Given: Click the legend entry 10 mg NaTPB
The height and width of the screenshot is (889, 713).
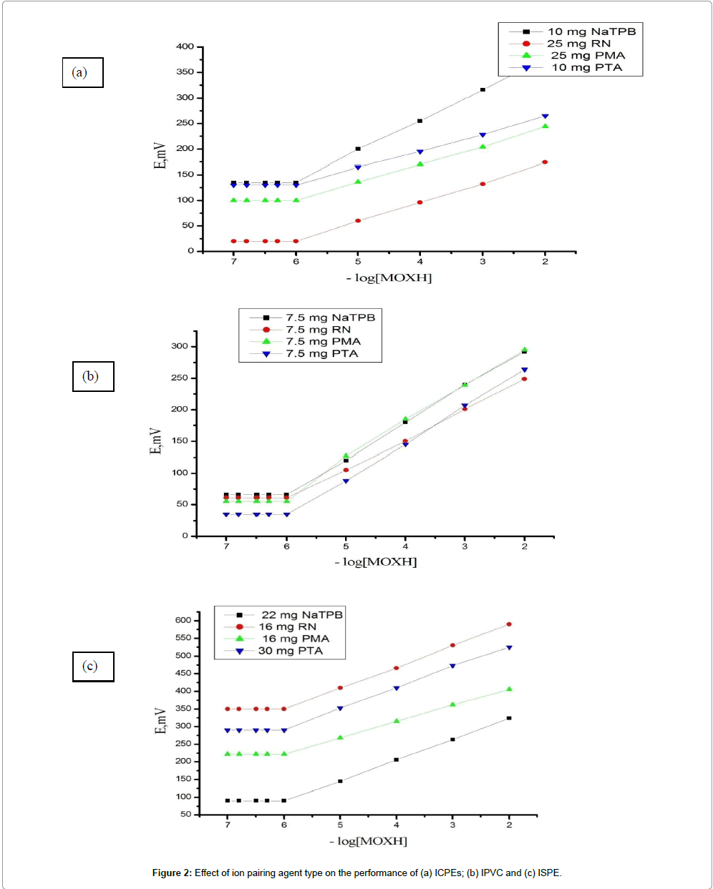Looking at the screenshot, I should point(591,31).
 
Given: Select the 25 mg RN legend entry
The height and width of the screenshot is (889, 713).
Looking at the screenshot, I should point(578,44).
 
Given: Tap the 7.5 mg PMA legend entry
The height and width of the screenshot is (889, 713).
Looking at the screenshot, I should point(323,341).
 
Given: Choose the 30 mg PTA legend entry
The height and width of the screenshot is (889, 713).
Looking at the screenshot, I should point(290,651).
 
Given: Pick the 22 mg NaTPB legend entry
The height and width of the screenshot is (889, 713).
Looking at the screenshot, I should point(301,615).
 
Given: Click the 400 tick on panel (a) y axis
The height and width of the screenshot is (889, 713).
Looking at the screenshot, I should point(185,46).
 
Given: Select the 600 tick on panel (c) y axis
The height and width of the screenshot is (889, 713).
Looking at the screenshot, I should point(184,620).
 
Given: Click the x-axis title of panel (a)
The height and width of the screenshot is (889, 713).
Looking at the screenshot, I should point(389,277).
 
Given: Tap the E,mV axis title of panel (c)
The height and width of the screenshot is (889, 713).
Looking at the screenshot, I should point(161,721).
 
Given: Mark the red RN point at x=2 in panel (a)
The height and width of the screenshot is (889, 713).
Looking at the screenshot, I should point(545,162).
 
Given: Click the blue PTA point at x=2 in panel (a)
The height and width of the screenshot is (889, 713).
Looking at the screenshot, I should point(545,116).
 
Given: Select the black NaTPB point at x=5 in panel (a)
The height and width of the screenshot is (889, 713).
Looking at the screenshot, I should point(358,149).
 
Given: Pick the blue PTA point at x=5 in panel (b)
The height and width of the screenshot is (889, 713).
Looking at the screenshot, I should point(346,481).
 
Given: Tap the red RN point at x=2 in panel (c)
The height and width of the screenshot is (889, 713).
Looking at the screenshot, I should point(509,624).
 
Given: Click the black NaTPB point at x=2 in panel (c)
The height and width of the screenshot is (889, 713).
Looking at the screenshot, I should point(509,718).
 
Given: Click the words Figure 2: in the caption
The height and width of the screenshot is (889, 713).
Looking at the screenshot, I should point(172,873).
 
